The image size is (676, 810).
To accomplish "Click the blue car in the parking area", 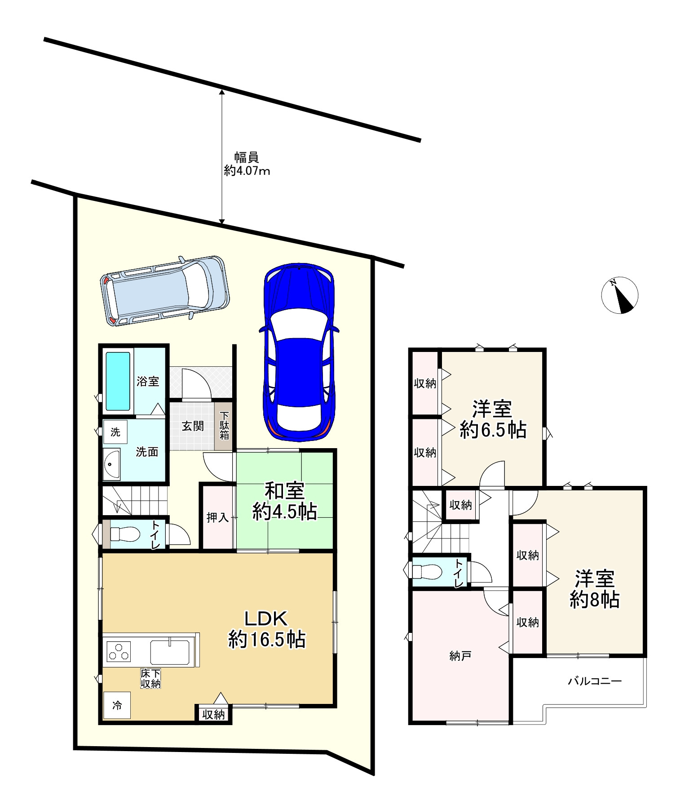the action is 299,352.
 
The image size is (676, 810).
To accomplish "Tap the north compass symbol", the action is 620,295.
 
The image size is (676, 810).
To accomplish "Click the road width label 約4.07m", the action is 247,171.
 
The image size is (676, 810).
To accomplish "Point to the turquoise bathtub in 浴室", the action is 118,381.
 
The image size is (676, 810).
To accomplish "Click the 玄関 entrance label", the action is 193,426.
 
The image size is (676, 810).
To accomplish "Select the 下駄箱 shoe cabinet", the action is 224,425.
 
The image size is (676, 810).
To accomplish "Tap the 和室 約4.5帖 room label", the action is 285,501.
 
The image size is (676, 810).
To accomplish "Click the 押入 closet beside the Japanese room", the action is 218,517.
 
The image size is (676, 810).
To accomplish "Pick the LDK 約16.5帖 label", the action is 267,629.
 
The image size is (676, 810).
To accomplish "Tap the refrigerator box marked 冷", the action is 117,705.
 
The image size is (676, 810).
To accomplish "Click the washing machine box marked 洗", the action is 115,432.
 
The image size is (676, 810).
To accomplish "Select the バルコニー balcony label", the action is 595,681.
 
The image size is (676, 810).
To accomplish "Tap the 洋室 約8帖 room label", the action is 595,589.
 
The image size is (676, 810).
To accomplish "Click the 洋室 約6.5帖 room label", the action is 493,419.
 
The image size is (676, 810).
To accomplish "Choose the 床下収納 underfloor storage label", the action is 151,678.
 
